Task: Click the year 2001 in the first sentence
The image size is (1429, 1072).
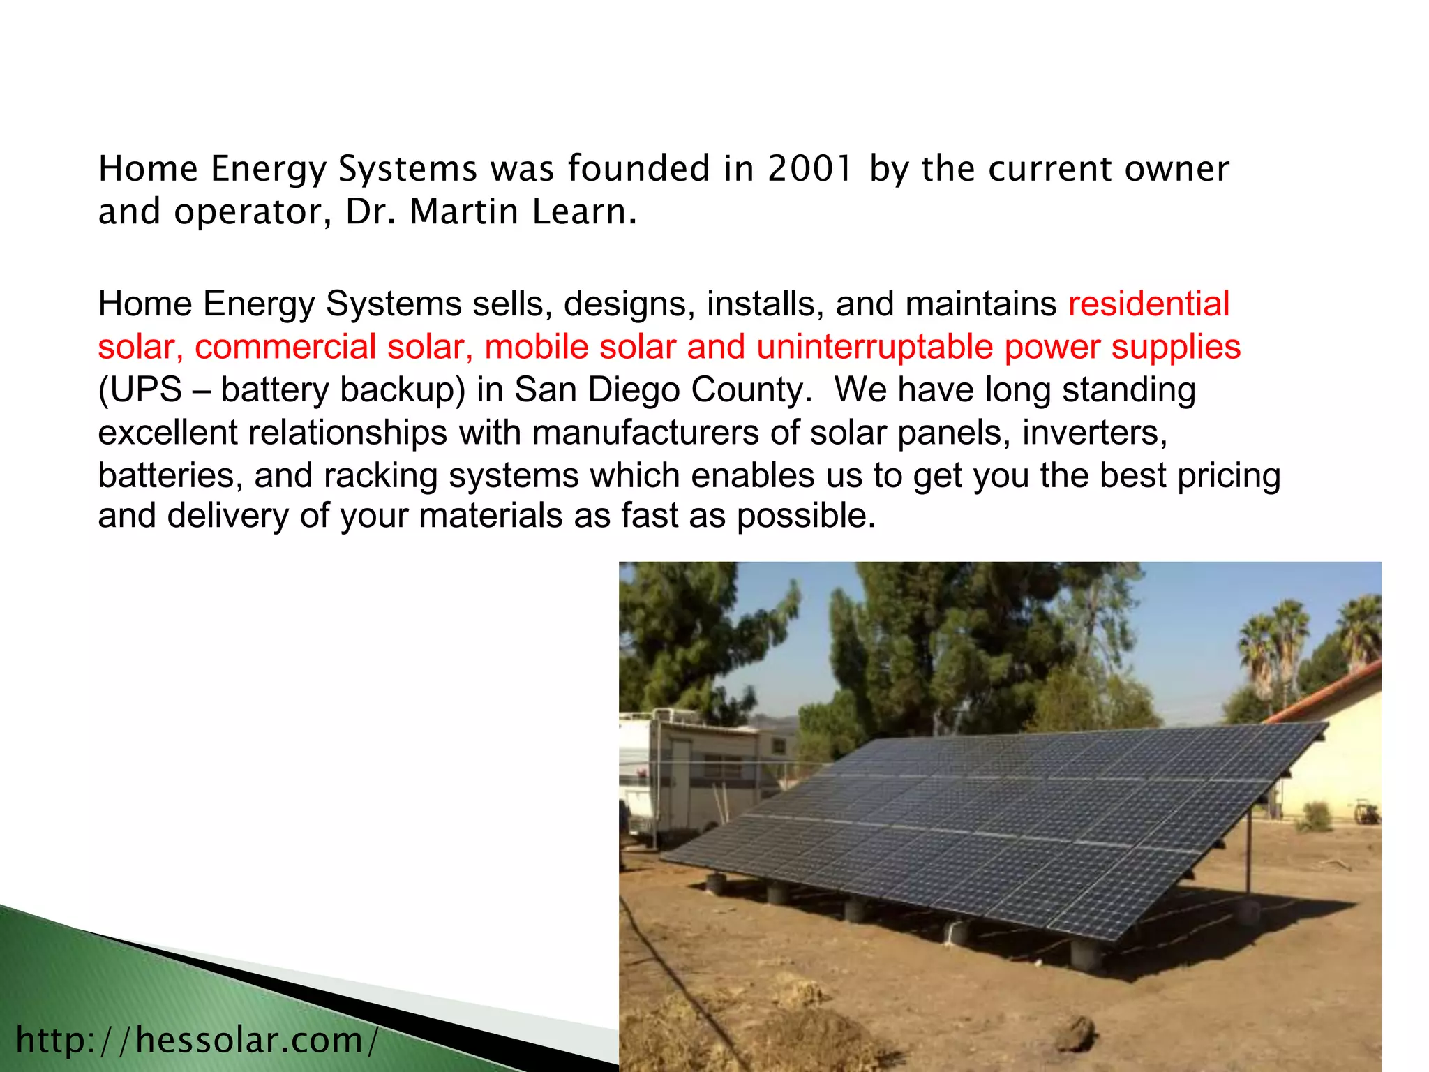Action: pyautogui.click(x=810, y=169)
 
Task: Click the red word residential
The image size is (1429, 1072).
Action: pyautogui.click(x=1149, y=304)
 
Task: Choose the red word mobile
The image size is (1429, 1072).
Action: pyautogui.click(x=536, y=347)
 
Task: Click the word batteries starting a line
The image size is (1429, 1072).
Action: pyautogui.click(x=170, y=476)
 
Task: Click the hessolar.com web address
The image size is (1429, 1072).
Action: pyautogui.click(x=197, y=1041)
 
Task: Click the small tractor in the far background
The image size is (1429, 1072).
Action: pyautogui.click(x=1366, y=812)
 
